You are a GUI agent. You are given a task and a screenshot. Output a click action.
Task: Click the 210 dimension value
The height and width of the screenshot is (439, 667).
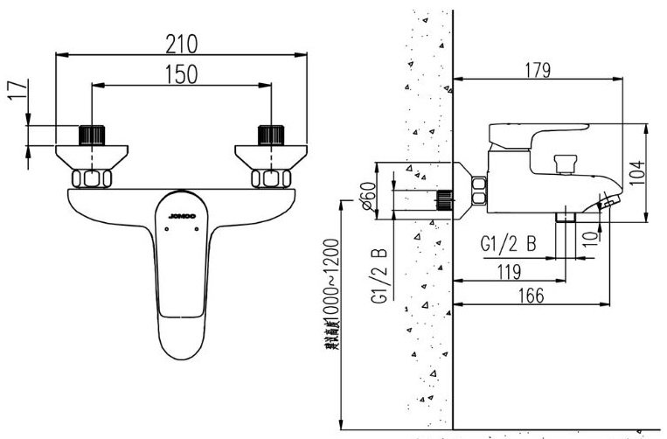coord(182,43)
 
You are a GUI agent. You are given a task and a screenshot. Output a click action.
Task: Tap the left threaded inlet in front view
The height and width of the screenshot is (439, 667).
coord(91,135)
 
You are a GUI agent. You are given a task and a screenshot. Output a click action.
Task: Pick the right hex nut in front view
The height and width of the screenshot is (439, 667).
coord(271,179)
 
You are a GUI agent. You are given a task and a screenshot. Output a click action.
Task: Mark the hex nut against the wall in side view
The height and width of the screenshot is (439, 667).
coord(479,192)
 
